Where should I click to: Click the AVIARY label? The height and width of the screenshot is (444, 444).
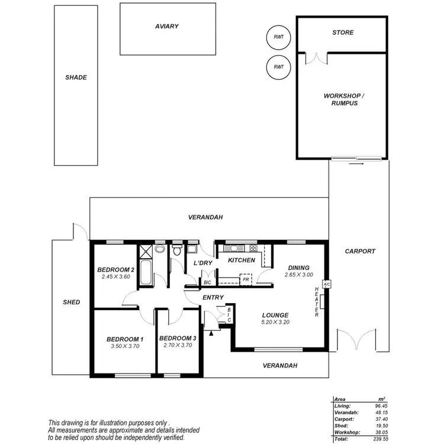coord(167,27)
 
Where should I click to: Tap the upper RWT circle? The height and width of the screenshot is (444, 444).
coord(278,37)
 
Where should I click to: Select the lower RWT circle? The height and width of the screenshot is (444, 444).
coord(278,67)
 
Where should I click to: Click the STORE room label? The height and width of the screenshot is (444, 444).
coord(343,33)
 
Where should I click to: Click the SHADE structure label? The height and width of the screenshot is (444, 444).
coord(76,78)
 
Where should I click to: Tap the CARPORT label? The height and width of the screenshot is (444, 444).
coord(360,251)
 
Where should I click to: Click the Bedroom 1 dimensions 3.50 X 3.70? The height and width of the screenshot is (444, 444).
coord(125,346)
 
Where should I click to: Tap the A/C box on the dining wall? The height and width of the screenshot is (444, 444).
coord(326,283)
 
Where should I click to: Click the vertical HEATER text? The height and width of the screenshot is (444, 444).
coord(317,302)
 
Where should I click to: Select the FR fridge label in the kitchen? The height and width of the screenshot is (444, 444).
coord(244,279)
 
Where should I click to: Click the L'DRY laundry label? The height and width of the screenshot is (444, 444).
coord(203,263)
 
